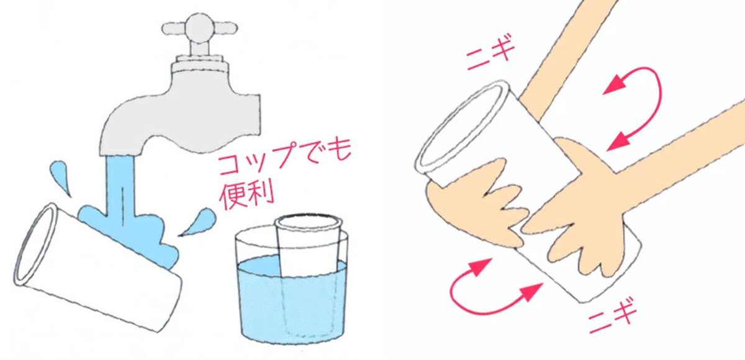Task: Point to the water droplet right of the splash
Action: [x=199, y=222]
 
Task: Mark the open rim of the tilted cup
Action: [x=35, y=245]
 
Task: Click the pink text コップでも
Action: [x=284, y=156]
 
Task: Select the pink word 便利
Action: [x=247, y=196]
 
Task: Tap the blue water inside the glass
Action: [x=292, y=299]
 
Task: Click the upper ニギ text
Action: [x=490, y=55]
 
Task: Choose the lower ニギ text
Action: [x=612, y=316]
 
